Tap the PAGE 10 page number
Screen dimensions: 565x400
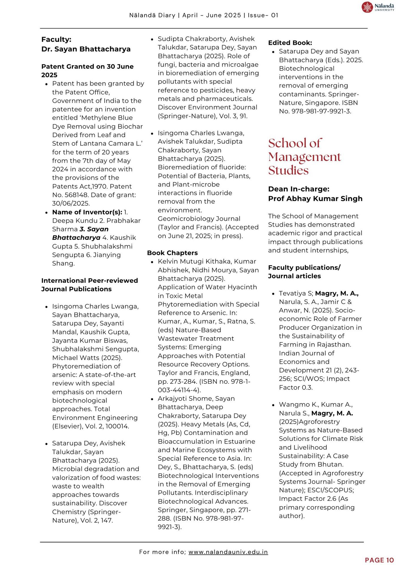pos(379,560)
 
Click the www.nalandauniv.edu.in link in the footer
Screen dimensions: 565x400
pos(228,552)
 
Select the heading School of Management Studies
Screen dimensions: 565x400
pos(304,157)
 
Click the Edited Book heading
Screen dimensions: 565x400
pos(290,43)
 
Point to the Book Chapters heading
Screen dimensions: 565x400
pos(172,253)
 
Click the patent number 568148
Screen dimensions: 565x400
pos(77,195)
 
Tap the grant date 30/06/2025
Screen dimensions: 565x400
pos(71,203)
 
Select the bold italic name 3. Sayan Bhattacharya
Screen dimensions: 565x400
pos(80,233)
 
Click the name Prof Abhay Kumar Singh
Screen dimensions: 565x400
pos(315,199)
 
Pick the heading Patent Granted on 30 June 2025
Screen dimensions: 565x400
pos(87,71)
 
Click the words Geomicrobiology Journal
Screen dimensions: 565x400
pos(199,219)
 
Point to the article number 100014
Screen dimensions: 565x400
pos(117,426)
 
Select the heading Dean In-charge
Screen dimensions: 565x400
pos(298,189)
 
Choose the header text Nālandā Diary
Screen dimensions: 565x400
pos(152,15)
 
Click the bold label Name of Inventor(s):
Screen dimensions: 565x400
pos(87,212)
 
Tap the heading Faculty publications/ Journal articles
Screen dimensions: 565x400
pos(304,272)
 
